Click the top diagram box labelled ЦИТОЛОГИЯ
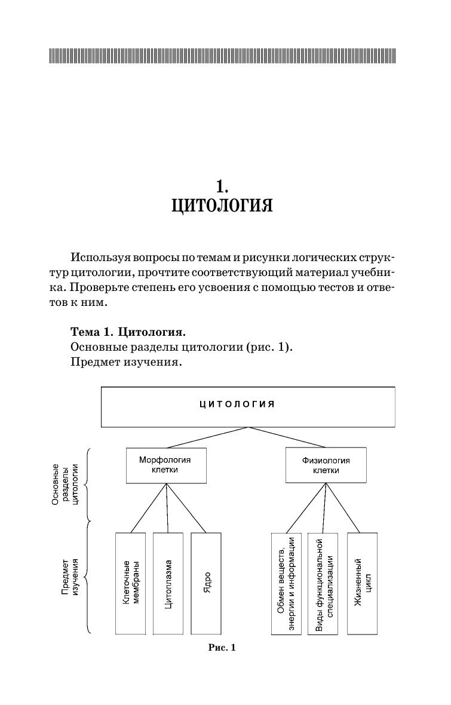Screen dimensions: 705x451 pos(248,406)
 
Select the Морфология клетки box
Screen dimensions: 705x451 pos(166,465)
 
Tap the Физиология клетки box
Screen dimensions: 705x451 pos(326,465)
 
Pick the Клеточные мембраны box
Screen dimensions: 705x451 pos(131,583)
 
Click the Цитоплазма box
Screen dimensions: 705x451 pos(168,583)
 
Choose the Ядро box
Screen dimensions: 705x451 pos(206,583)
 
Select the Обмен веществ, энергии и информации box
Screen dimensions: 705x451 pos(286,583)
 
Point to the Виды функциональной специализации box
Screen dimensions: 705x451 pos(323,583)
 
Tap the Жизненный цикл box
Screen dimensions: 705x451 pos(361,583)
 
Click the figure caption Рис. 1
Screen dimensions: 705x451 pos(222,647)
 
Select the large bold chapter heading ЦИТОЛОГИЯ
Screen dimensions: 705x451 pos(222,206)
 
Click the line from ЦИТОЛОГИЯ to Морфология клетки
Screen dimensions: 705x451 pos(208,437)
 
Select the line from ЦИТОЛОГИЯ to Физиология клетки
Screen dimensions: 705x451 pos(288,437)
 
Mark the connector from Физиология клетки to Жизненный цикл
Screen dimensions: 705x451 pos(343,508)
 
